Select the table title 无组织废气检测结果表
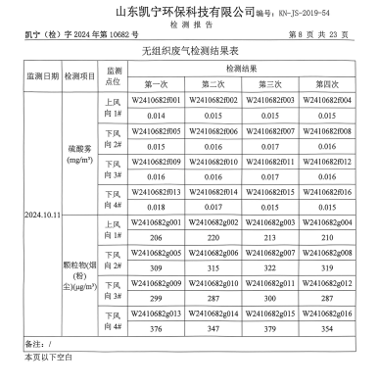pos(189,51)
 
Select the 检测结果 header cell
pos(244,69)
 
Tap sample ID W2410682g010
pos(214,282)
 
